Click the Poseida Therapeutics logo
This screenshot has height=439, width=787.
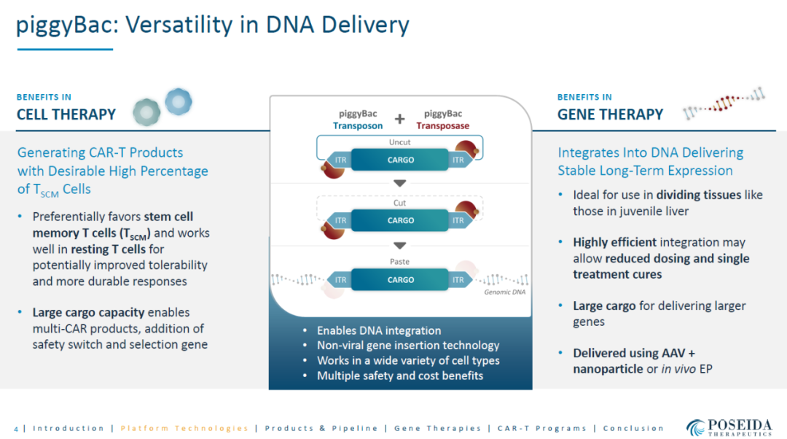729,427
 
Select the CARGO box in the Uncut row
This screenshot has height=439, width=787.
400,160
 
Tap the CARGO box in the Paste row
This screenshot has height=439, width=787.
400,280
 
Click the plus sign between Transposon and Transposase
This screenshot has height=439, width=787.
399,119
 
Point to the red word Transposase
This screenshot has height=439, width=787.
443,125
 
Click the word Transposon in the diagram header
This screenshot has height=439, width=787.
357,125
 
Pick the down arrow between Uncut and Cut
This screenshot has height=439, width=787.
399,183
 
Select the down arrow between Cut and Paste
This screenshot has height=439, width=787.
399,246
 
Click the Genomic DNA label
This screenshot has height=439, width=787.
504,292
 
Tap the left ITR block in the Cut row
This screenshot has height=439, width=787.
340,220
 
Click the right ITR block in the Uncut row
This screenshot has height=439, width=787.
460,160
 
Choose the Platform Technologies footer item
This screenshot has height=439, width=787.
184,429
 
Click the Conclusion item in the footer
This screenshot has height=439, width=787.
633,429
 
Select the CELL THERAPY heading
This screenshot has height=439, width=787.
66,114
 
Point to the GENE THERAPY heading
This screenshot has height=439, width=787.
611,114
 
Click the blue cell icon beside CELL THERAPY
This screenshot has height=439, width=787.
179,101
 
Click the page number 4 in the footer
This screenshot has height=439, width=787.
16,429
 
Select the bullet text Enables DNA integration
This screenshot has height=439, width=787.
379,330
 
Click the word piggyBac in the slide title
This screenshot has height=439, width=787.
67,25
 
